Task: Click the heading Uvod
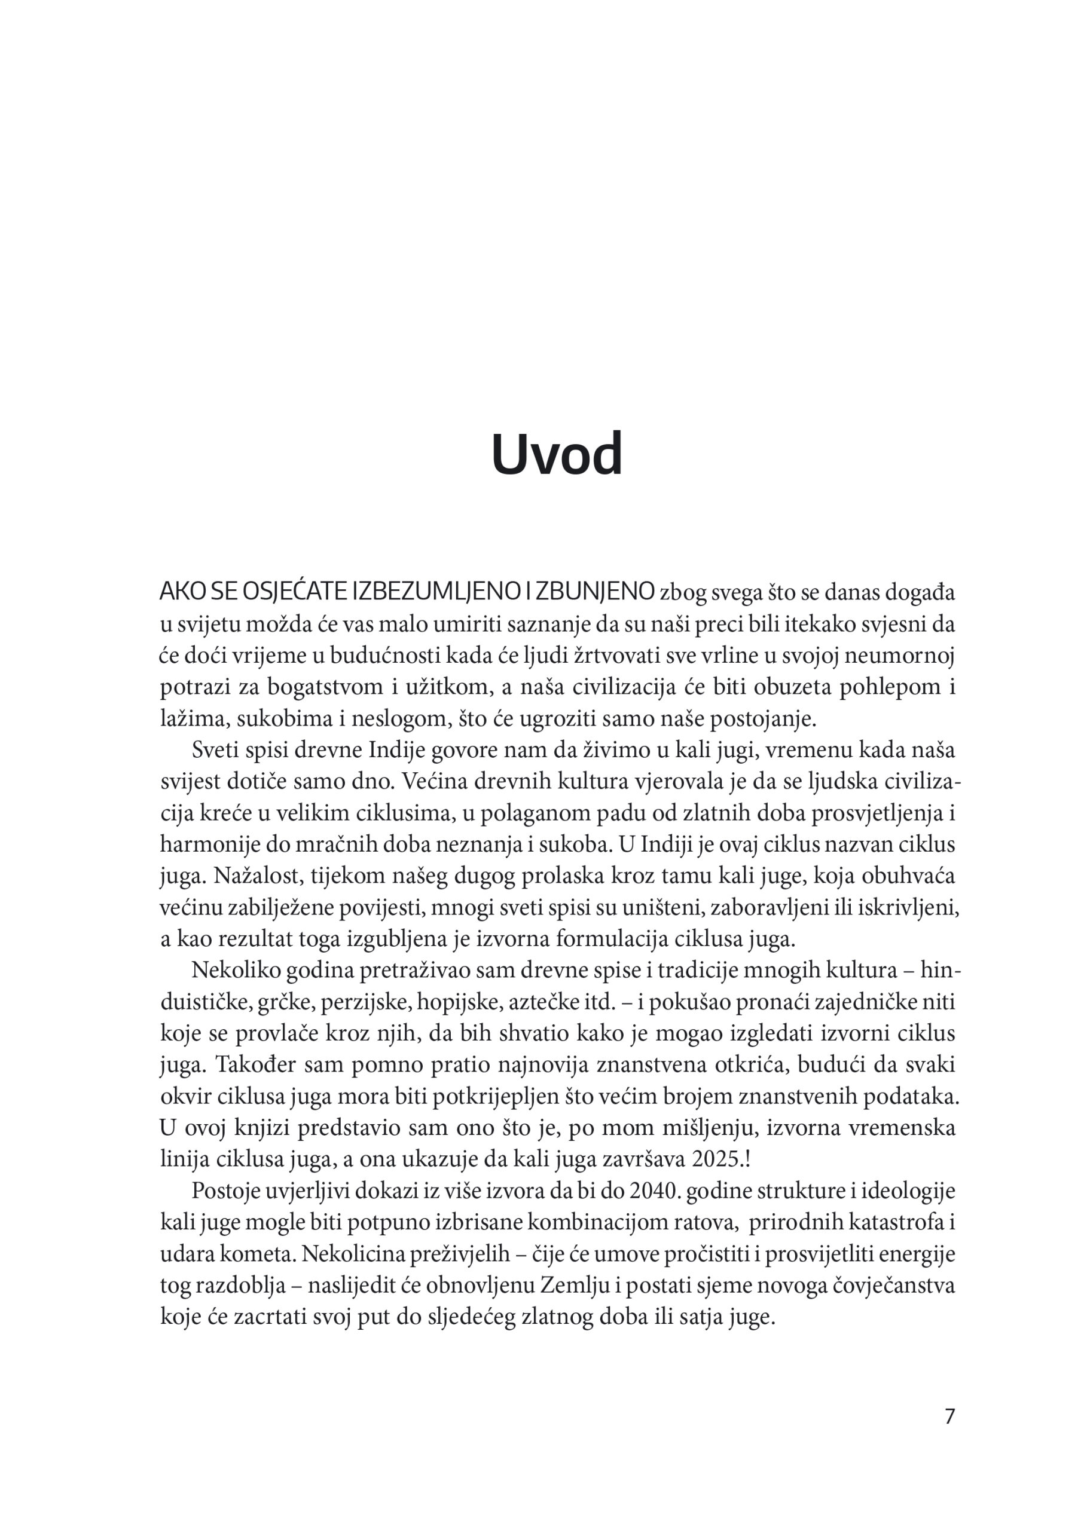tap(557, 455)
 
